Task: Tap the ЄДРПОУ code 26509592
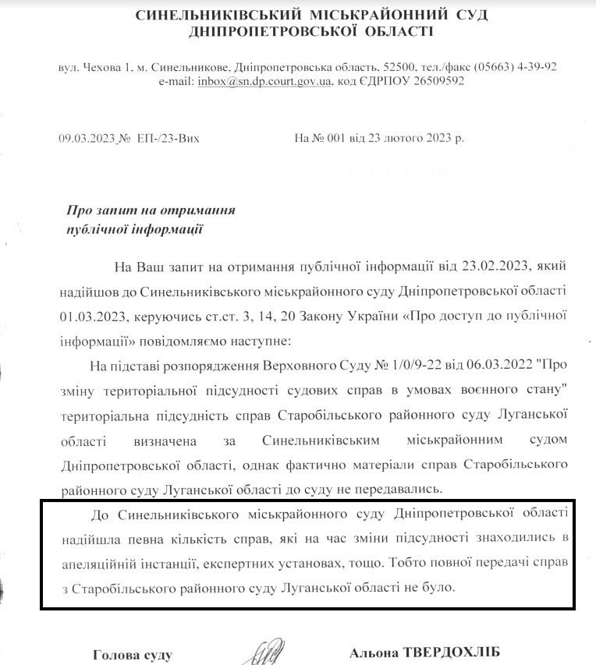pyautogui.click(x=437, y=81)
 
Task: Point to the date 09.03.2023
pyautogui.click(x=86, y=138)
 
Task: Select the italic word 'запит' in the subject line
pyautogui.click(x=110, y=210)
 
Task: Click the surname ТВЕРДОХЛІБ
pyautogui.click(x=452, y=653)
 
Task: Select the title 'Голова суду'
pyautogui.click(x=132, y=655)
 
